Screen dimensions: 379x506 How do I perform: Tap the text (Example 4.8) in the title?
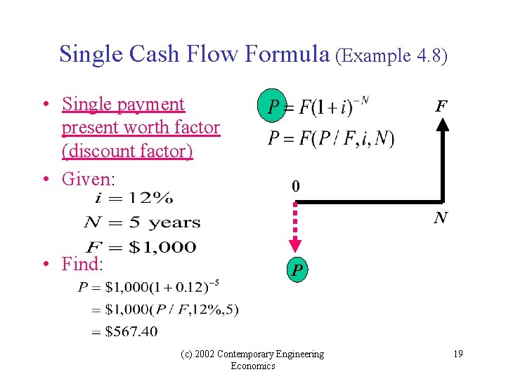[x=391, y=55]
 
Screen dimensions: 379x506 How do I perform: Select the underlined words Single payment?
[x=123, y=104]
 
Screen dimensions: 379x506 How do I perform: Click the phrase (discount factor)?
[x=127, y=151]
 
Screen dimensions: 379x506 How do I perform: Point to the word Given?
[x=87, y=178]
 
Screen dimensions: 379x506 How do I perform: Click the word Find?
[x=82, y=265]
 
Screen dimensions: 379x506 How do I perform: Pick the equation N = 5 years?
[x=142, y=223]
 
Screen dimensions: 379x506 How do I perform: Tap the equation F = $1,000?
[x=141, y=246]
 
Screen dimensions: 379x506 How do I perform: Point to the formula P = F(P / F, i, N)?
[x=331, y=139]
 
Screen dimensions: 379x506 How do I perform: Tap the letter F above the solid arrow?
[x=441, y=107]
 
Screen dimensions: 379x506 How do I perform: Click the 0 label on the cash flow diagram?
[x=296, y=186]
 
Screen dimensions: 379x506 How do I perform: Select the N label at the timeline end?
[x=441, y=218]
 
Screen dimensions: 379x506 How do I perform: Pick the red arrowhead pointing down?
[x=296, y=244]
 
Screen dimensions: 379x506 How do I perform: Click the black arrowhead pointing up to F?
[x=442, y=125]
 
